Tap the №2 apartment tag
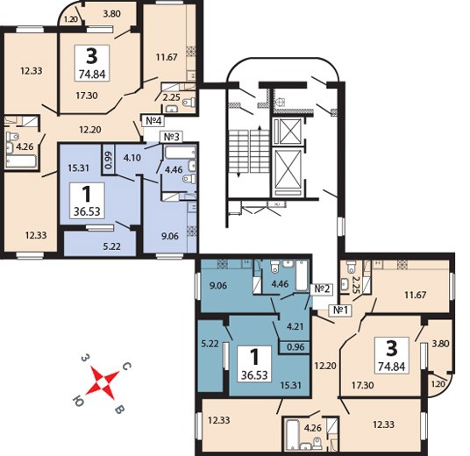pos(322,289)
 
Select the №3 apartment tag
pos(172,137)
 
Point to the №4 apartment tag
pos(153,120)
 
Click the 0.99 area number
pos(108,160)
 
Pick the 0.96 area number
pos(296,347)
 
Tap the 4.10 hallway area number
pos(132,157)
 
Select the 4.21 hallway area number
pos(296,326)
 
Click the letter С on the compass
pos(127,366)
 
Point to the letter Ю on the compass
pos(78,400)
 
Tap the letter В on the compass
pos(120,410)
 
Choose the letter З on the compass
pos(86,358)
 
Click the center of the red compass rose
pos(103,383)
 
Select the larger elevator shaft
pos(288,169)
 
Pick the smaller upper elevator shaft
pos(288,131)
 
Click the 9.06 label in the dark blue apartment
pos(218,285)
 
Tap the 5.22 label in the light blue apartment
pos(112,246)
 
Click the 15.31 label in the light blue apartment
pos(78,167)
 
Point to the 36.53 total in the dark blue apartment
pos(254,375)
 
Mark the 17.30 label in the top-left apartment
pos(87,96)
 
